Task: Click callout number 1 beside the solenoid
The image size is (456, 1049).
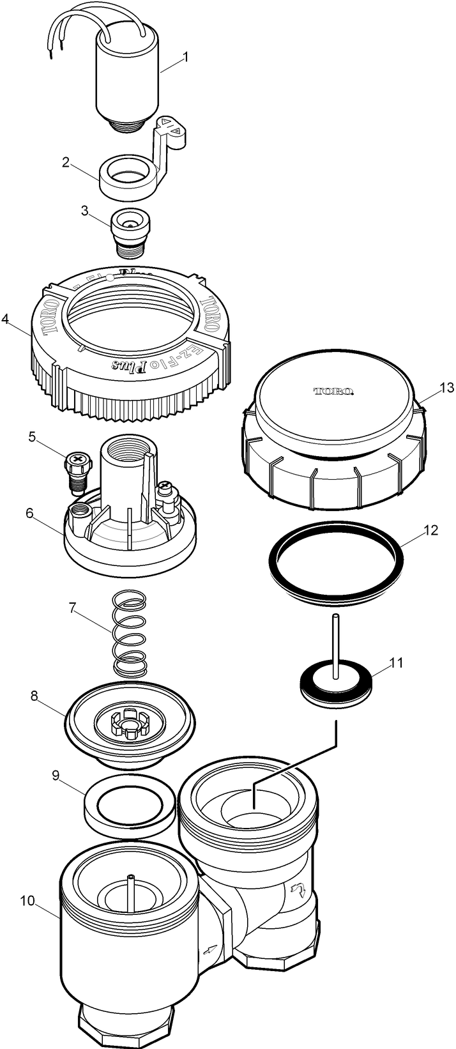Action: (185, 57)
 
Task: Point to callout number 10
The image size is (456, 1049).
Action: (27, 901)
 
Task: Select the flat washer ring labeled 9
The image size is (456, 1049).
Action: (130, 803)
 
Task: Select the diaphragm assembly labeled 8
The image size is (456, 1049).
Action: (130, 726)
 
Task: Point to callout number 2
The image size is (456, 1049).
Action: (65, 162)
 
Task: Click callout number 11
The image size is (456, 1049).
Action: (396, 662)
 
